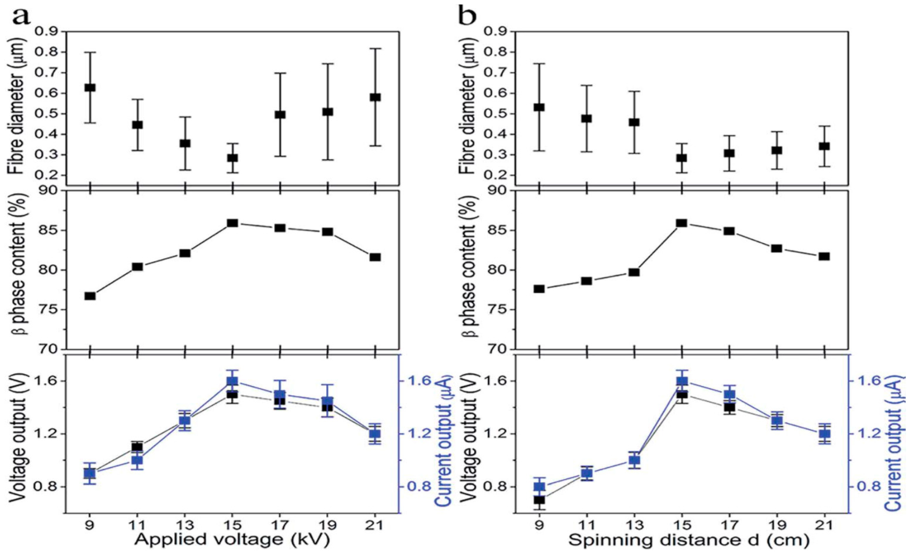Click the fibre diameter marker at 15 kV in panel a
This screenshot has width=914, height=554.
click(x=233, y=158)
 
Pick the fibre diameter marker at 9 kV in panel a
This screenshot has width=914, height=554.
click(x=90, y=88)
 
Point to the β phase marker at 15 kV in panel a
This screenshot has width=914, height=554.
click(x=233, y=223)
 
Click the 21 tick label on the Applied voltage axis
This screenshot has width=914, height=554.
click(x=375, y=526)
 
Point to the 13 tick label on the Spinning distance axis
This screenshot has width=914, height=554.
click(x=634, y=526)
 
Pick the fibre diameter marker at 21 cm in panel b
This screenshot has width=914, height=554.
click(x=824, y=146)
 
